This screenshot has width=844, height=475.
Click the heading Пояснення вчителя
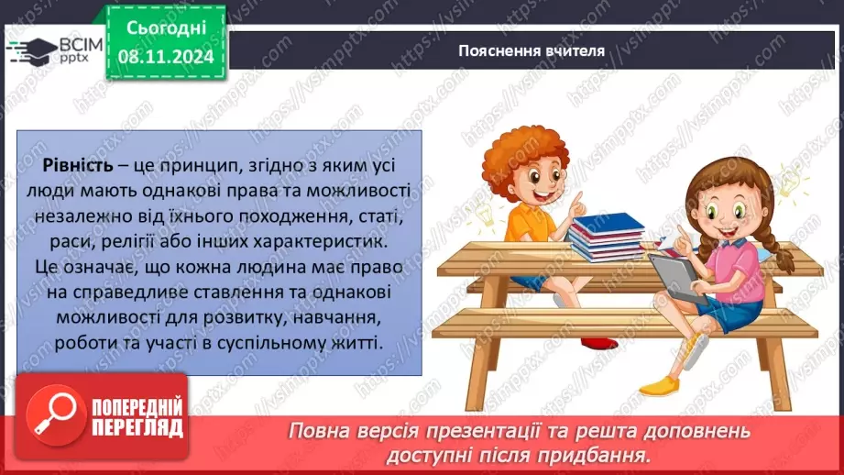[x=532, y=50]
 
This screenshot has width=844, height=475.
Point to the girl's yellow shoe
[x=659, y=385]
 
